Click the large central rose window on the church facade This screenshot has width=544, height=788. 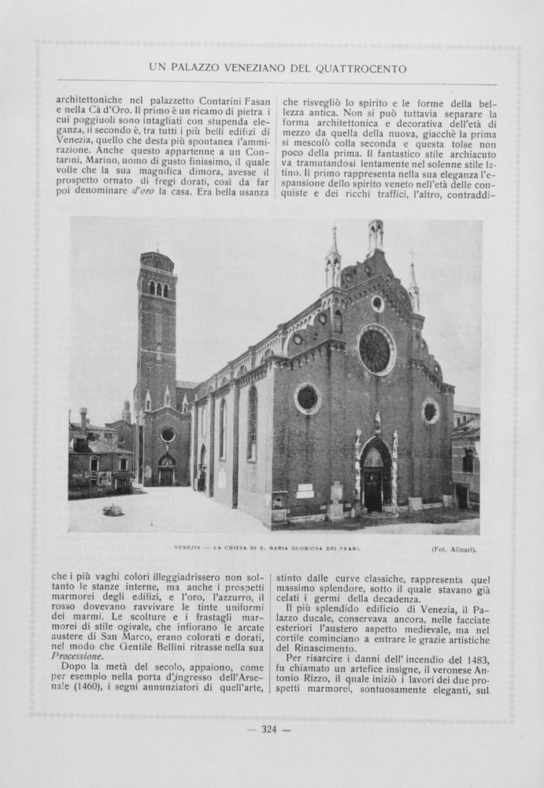pyautogui.click(x=376, y=350)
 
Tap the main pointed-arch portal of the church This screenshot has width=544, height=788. pyautogui.click(x=373, y=476)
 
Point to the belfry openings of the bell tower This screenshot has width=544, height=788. pyautogui.click(x=157, y=288)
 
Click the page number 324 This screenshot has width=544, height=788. pyautogui.click(x=269, y=729)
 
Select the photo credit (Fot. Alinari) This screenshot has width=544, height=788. pyautogui.click(x=453, y=548)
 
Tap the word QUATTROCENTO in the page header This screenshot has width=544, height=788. pyautogui.click(x=361, y=69)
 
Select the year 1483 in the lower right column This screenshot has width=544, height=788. pyautogui.click(x=474, y=659)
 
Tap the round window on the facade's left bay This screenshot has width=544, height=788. pyautogui.click(x=307, y=398)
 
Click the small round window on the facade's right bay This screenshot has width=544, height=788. pyautogui.click(x=430, y=411)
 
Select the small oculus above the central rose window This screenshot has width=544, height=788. pyautogui.click(x=378, y=303)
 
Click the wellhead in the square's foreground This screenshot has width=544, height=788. pyautogui.click(x=113, y=510)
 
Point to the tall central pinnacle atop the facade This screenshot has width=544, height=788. pyautogui.click(x=376, y=235)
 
